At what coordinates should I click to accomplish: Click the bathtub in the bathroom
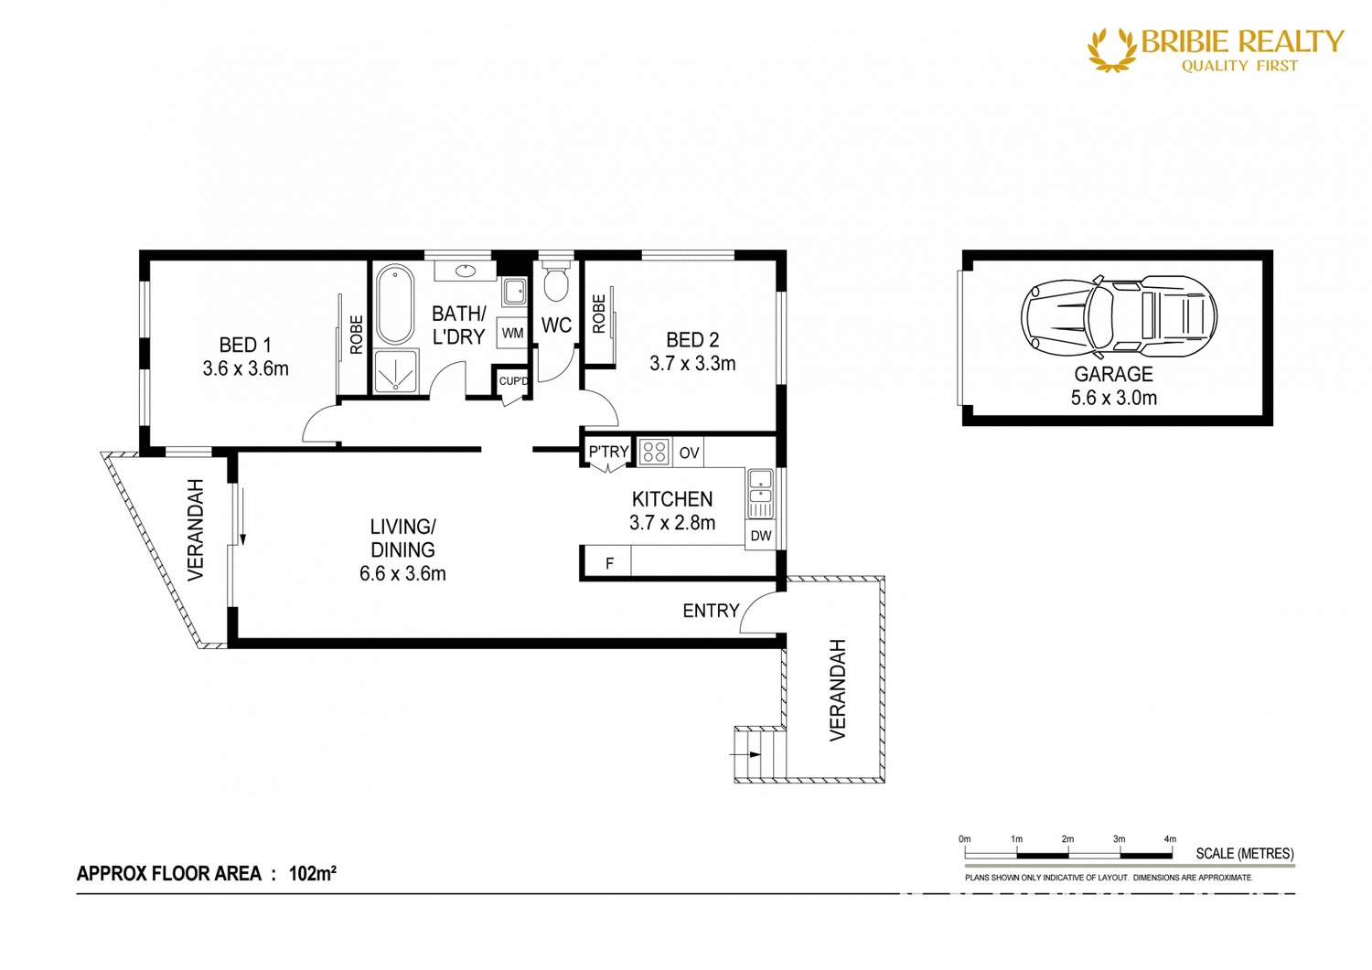[395, 304]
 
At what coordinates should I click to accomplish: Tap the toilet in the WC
[555, 282]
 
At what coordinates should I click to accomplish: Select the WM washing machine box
[512, 334]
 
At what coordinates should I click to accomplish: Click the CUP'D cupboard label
[513, 381]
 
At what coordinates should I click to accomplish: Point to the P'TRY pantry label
[608, 452]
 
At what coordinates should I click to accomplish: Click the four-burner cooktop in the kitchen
[654, 452]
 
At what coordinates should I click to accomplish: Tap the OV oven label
[689, 453]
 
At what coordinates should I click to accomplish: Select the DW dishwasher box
[760, 536]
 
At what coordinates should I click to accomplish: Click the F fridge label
[610, 564]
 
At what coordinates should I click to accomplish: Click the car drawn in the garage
[1118, 316]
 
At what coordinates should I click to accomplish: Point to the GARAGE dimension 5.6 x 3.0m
[1113, 398]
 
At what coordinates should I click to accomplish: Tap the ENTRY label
[711, 611]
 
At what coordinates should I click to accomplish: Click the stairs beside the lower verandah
[760, 754]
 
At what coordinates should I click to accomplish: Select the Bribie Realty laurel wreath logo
[1111, 49]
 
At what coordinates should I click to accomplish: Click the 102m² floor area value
[312, 873]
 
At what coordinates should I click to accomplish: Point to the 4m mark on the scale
[1170, 839]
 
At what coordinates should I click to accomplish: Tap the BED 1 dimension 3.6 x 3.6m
[245, 368]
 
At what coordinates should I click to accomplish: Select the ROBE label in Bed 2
[599, 314]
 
